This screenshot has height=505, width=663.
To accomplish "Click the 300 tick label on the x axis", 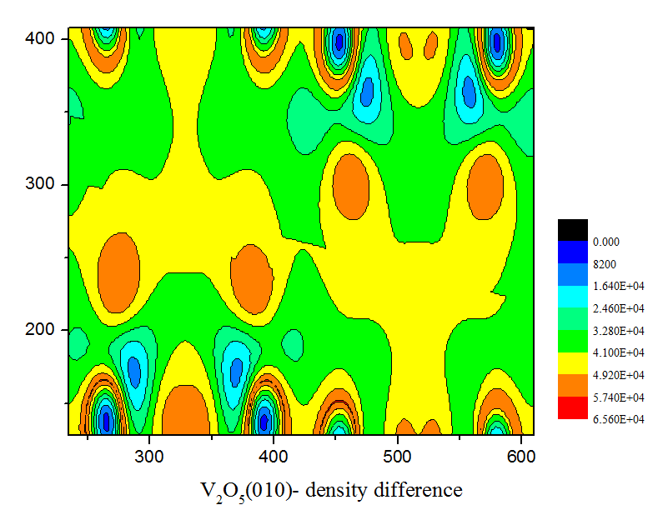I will click(x=149, y=455).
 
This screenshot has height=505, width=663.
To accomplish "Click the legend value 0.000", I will click(x=605, y=242).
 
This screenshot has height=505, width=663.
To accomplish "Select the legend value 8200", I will click(x=605, y=263).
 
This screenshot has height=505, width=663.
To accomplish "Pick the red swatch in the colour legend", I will click(x=573, y=407).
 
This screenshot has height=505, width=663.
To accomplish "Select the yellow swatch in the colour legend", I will click(x=573, y=363).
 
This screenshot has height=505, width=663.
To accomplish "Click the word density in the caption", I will click(x=335, y=488).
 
